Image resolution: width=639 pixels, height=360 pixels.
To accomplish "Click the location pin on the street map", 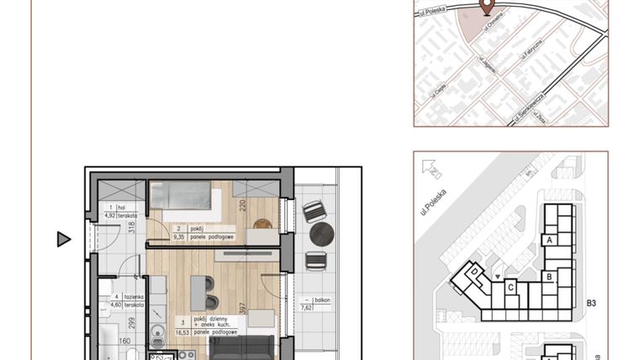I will (485, 7).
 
